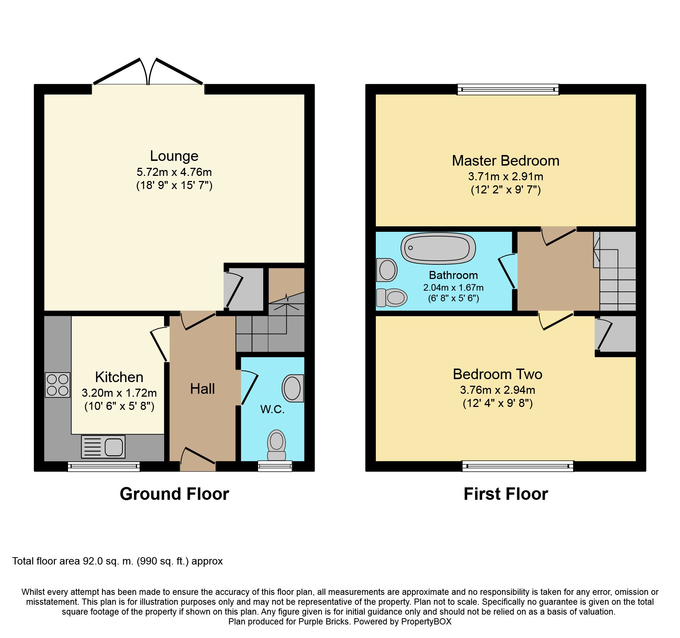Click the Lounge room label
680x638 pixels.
[174, 156]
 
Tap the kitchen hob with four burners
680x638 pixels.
[58, 385]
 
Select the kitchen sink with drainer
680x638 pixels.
[103, 446]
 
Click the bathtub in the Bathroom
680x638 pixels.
[438, 248]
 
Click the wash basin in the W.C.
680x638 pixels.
[293, 388]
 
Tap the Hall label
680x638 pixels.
[202, 389]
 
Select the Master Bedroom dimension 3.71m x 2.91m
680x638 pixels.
[505, 177]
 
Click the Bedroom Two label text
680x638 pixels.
[497, 374]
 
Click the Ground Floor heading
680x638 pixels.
[174, 494]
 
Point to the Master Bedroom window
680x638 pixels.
[508, 89]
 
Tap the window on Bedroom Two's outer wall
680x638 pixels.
[518, 466]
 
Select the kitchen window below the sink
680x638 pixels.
[104, 466]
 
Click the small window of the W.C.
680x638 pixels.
[275, 466]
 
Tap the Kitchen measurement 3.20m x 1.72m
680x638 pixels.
[119, 393]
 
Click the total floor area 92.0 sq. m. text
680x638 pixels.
[117, 561]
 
